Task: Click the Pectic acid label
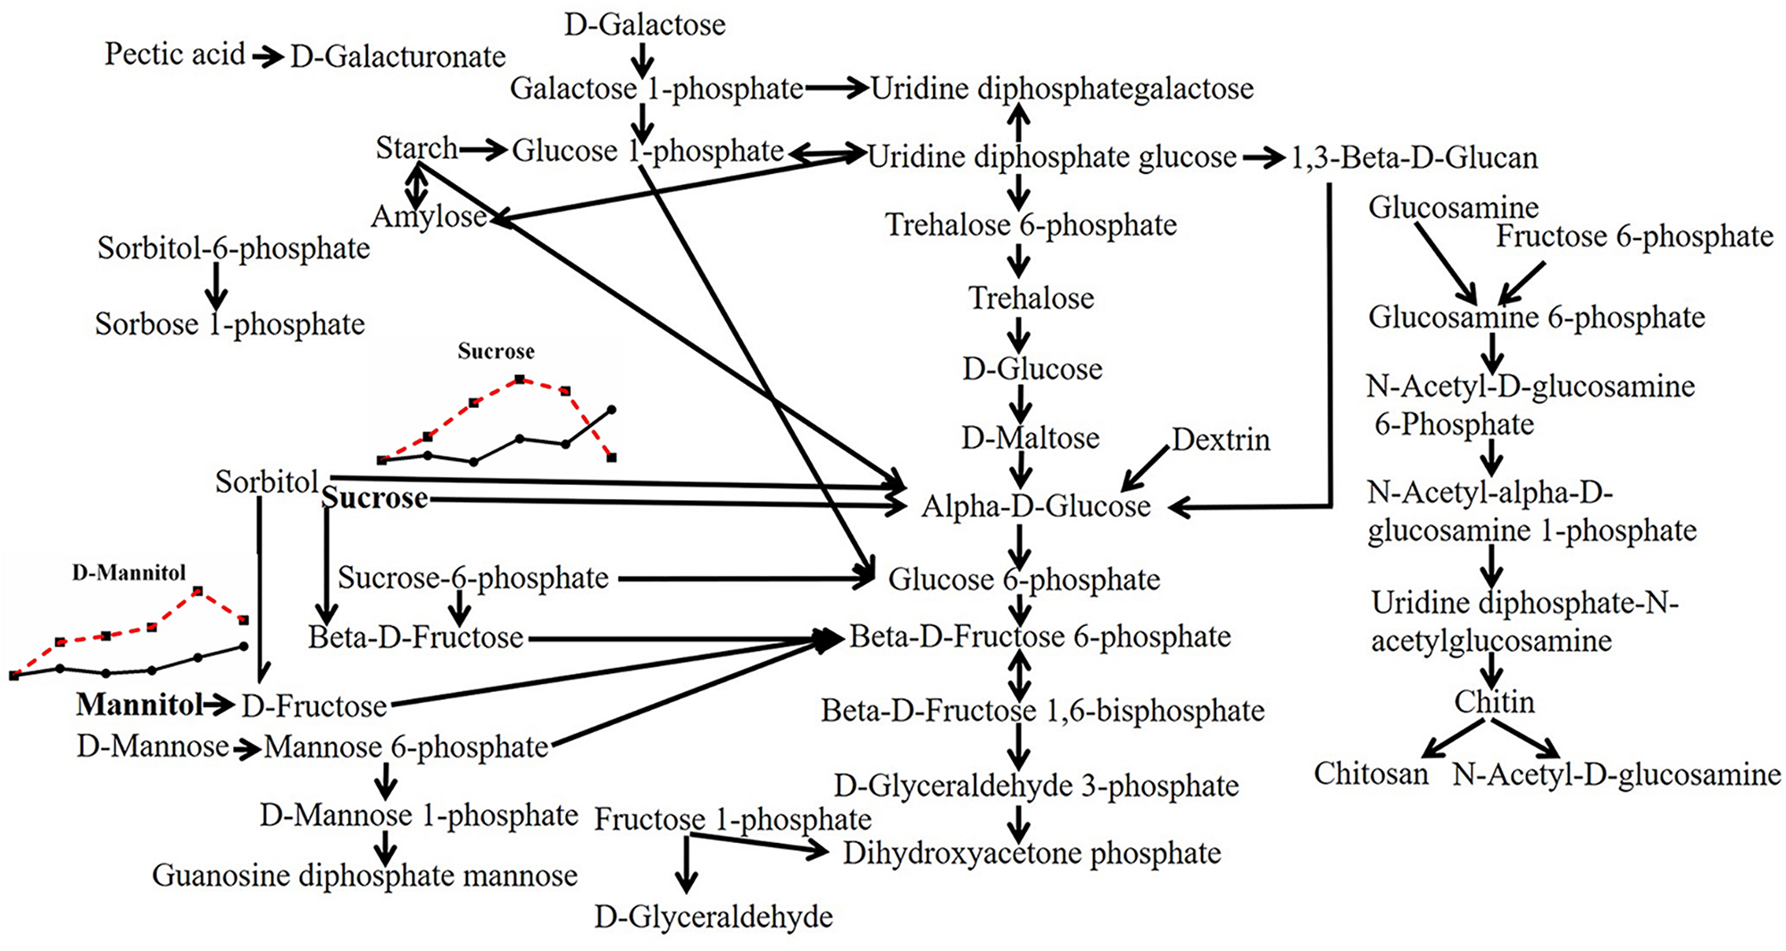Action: tap(174, 54)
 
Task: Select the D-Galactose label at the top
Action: tap(645, 24)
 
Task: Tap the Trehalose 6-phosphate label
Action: tap(1031, 225)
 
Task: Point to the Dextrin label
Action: tap(1221, 439)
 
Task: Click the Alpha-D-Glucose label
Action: tap(1036, 506)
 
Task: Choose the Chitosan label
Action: tap(1371, 773)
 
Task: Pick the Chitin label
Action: tap(1494, 702)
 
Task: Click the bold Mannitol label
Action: tap(139, 705)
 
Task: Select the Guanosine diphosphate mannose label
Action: tap(364, 875)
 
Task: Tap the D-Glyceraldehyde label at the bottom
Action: tap(714, 916)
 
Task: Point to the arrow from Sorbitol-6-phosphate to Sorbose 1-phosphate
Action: tap(215, 286)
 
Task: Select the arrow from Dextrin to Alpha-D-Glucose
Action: tap(1145, 468)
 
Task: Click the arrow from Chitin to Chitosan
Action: tap(1452, 738)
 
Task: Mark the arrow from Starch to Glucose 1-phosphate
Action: tap(483, 150)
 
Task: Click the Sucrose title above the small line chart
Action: tap(496, 351)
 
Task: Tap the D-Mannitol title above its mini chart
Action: tap(129, 572)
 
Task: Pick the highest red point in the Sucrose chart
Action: tap(520, 380)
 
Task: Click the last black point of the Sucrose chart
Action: tap(612, 410)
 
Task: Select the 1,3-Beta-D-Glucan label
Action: tap(1415, 158)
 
